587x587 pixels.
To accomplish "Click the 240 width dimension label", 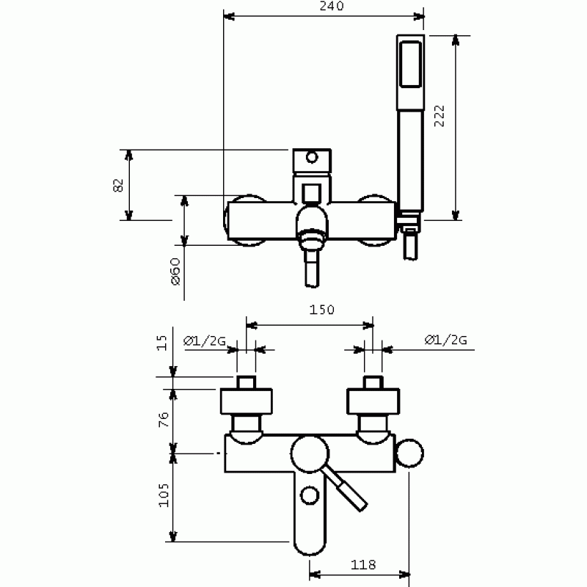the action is pos(332,6).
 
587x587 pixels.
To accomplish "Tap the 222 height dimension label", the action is pos(440,116).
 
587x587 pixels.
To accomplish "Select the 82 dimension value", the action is pos(118,185).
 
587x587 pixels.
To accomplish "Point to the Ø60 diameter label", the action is pos(175,271).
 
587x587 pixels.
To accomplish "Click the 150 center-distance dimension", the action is pos(321,310).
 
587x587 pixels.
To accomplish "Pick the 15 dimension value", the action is pos(161,343).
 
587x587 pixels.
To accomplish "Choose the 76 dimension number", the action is pos(164,420).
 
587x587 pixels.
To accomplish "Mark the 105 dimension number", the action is pos(164,495).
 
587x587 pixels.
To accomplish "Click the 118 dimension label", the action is pos(363,564).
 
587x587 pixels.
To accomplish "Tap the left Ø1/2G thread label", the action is pos(205,340).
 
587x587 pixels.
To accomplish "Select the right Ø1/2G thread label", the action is pos(446,340).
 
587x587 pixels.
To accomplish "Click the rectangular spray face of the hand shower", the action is pos(411,65).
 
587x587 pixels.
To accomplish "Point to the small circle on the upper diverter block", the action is pos(311,157).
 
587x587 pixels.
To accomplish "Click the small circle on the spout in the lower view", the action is pos(310,495).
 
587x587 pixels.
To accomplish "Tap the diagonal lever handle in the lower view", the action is pos(346,489).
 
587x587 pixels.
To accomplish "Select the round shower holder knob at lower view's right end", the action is pos(410,453).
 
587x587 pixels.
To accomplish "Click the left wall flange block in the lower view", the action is pos(247,401).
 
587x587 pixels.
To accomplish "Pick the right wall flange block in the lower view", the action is pos(373,401).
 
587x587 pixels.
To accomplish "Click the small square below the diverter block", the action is pos(311,193).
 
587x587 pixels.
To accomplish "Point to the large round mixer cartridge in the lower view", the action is pos(310,454).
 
